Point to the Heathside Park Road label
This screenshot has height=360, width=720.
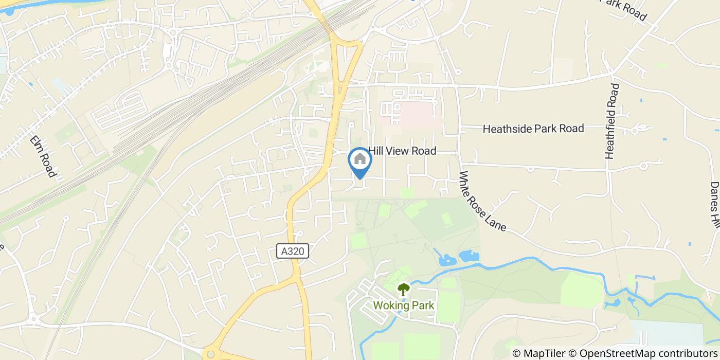tap(533, 128)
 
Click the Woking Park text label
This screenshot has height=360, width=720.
tap(403, 305)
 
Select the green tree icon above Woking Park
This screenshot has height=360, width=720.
tap(404, 290)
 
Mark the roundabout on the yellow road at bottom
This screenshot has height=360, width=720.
tap(209, 354)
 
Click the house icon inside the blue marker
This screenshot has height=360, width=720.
tap(360, 159)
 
